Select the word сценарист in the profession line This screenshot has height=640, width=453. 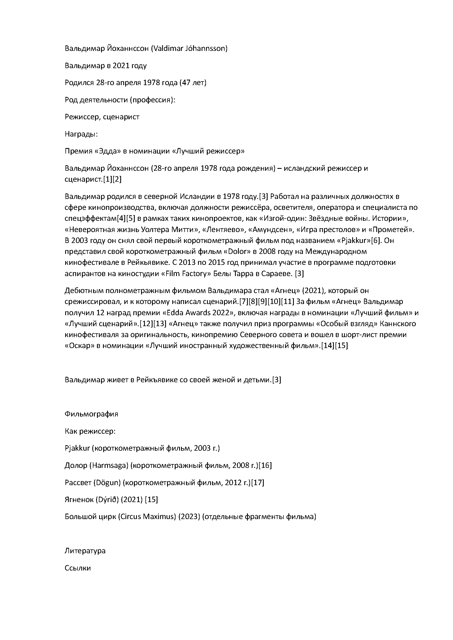[x=121, y=117]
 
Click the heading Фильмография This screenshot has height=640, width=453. [x=91, y=414]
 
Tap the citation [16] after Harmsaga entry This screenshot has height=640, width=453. [x=265, y=465]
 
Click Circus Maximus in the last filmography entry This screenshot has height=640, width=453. [x=147, y=517]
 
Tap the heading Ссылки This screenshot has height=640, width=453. [x=78, y=568]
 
